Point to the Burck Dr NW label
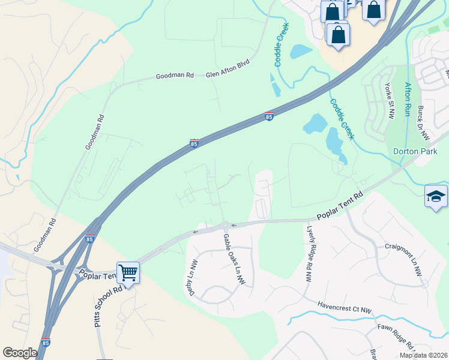pos(423,122)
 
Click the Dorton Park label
pos(415,152)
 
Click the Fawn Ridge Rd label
pos(397,337)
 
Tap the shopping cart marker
pos(128,273)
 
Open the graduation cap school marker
pos(436,197)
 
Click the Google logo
pos(20,353)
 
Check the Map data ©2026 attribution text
pos(423,355)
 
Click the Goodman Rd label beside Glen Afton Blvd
pos(175,76)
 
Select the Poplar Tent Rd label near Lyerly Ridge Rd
pos(340,205)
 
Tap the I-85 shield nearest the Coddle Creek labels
pos(270,116)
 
